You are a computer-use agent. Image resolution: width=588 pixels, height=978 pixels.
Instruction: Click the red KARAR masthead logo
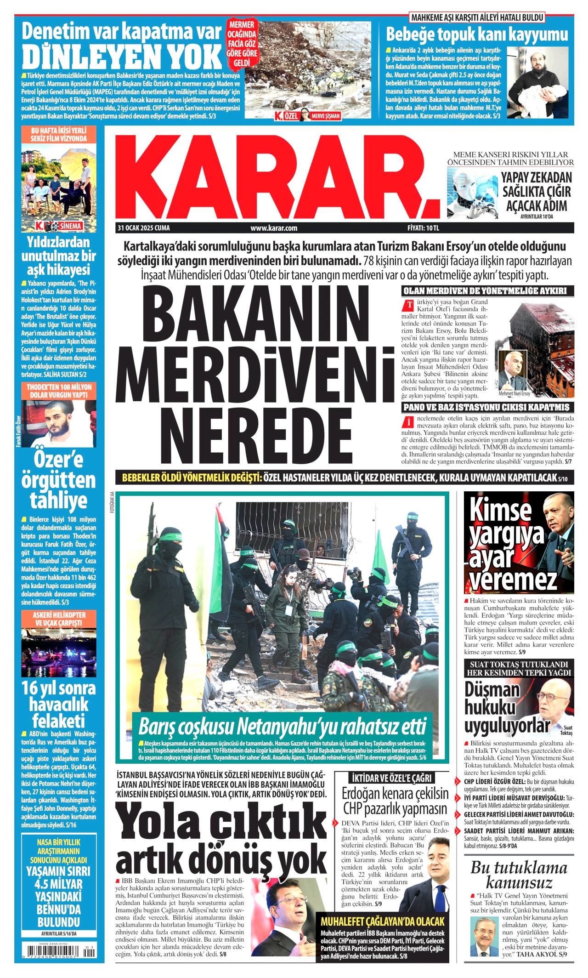276,177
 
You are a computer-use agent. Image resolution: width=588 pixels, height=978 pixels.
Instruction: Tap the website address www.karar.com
274,228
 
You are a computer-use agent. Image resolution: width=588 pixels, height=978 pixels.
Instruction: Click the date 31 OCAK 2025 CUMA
144,228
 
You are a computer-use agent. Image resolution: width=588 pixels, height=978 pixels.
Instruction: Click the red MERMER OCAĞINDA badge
242,44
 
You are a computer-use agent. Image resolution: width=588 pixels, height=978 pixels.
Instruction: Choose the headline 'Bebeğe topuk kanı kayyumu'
477,34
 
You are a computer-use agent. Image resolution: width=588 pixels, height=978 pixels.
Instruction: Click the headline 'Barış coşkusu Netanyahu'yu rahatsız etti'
282,727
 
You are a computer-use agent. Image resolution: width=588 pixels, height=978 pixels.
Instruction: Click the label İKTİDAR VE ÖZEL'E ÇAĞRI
391,778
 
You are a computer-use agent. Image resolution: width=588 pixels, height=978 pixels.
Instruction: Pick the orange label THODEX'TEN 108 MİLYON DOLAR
59,391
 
